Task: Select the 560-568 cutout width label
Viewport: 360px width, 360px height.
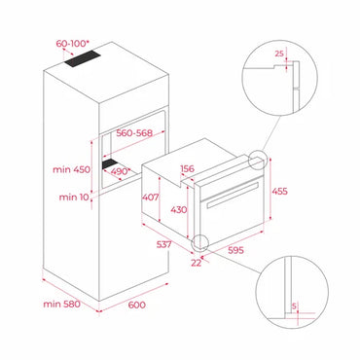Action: click(x=137, y=134)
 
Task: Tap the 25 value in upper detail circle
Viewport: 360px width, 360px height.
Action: click(x=278, y=54)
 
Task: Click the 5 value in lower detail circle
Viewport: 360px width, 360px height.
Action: click(x=295, y=306)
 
